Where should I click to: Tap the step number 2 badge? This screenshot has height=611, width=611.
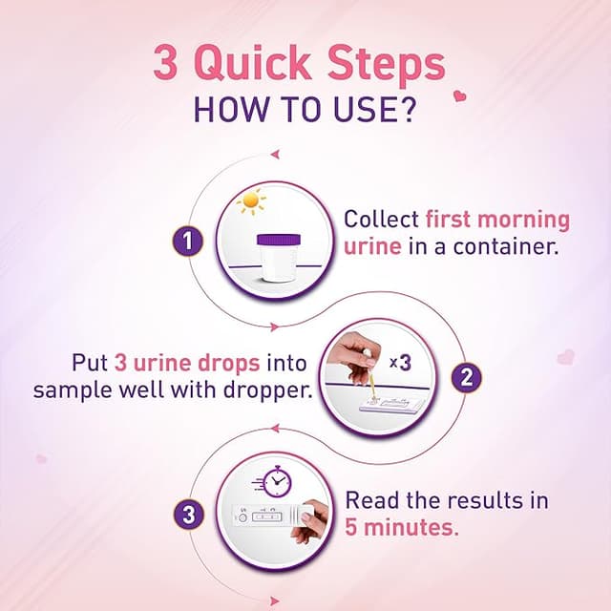[x=466, y=376]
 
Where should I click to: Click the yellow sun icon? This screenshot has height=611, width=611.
[x=251, y=201]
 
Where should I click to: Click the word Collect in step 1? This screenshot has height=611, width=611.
[x=381, y=220]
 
